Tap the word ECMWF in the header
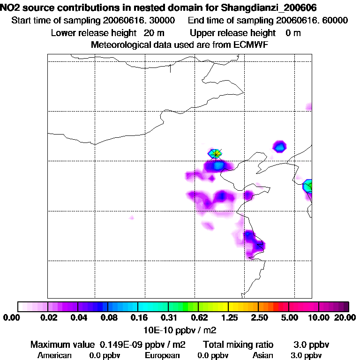pyautogui.click(x=250, y=45)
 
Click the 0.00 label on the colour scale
pyautogui.click(x=10, y=318)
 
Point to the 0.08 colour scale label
pyautogui.click(x=108, y=318)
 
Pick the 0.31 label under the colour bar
pyautogui.click(x=168, y=318)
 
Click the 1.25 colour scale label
pyautogui.click(x=228, y=318)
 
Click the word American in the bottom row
pyautogui.click(x=54, y=355)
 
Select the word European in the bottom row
pyautogui.click(x=162, y=355)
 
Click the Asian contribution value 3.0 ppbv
pyautogui.click(x=307, y=355)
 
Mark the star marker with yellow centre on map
pyautogui.click(x=216, y=153)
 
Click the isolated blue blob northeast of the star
pyautogui.click(x=280, y=146)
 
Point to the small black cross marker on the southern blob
pyautogui.click(x=260, y=245)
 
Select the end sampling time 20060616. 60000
pyautogui.click(x=312, y=21)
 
